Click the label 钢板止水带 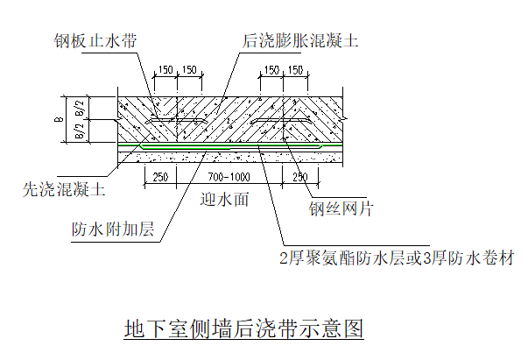[x=94, y=40]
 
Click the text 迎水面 [x=224, y=199]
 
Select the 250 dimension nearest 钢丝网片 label [x=299, y=178]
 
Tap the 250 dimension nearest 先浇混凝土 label [x=159, y=178]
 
